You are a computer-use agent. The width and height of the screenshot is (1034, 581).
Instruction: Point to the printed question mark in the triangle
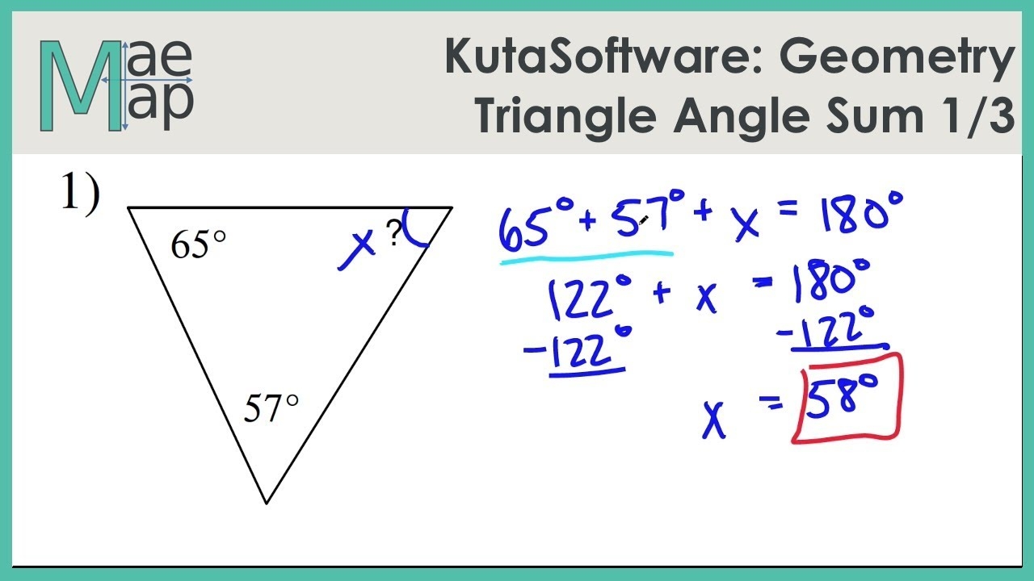(x=393, y=234)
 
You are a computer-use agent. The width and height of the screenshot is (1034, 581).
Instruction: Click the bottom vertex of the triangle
(x=267, y=503)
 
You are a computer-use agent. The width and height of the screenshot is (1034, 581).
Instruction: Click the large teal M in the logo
(x=81, y=86)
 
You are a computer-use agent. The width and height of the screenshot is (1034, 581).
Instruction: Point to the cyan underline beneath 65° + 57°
(x=586, y=257)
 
